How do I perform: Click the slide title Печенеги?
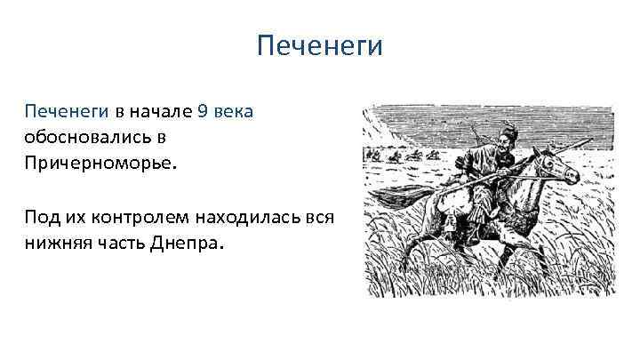pyautogui.click(x=319, y=45)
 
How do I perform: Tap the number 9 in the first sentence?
pyautogui.click(x=203, y=112)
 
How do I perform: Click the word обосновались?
pyautogui.click(x=85, y=138)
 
